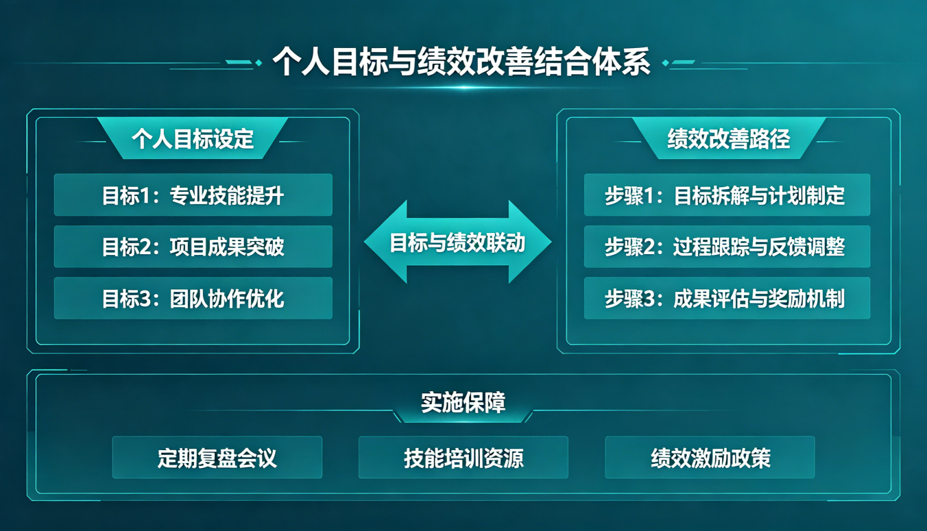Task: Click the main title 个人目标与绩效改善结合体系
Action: tap(461, 62)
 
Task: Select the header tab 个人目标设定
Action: tap(193, 138)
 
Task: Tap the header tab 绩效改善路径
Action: tap(729, 138)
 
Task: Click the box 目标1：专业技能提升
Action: tap(193, 195)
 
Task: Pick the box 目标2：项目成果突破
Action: tap(193, 247)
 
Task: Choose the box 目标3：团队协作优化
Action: tap(193, 298)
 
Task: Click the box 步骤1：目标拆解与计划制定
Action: tap(727, 195)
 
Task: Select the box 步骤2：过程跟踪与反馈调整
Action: tap(727, 247)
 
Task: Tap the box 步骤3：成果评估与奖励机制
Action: tap(727, 298)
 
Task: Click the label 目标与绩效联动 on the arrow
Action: tap(458, 243)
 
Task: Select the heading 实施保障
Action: tap(463, 402)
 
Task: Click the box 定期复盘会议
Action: tap(217, 458)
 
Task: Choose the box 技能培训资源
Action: tap(463, 458)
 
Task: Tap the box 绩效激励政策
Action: tap(710, 458)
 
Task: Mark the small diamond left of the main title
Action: tap(258, 63)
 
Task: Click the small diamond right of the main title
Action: tap(666, 63)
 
